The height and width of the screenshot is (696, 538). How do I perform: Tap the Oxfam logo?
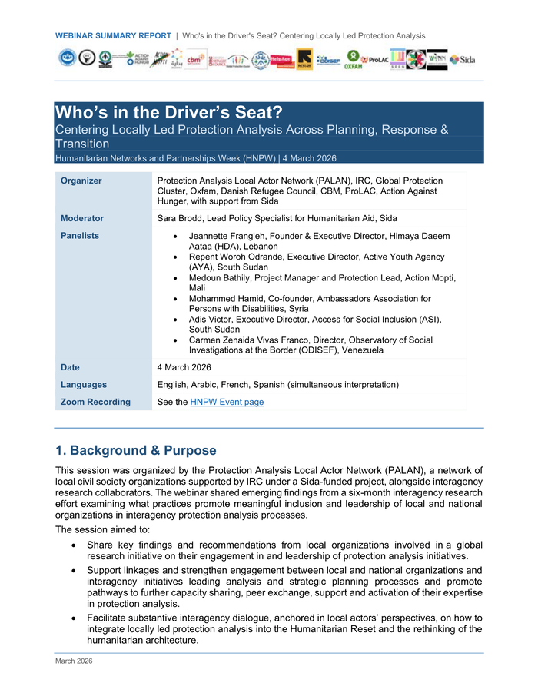354,60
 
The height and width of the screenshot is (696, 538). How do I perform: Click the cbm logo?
194,59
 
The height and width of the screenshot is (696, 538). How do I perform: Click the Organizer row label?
81,181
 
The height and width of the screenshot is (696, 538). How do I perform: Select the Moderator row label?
82,218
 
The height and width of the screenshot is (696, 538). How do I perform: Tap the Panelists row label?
80,236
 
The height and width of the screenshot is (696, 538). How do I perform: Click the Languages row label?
84,384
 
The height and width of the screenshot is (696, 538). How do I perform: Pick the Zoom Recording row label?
95,402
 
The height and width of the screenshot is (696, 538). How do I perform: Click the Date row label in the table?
70,367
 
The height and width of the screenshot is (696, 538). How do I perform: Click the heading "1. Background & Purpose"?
136,450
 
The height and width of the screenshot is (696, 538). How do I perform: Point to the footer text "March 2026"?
73,661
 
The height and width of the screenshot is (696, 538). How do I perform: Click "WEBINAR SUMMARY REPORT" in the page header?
113,35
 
